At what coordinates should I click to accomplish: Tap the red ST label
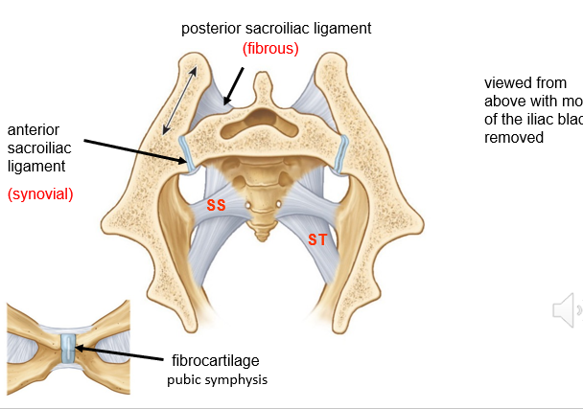pyautogui.click(x=317, y=239)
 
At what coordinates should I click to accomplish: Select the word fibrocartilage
pyautogui.click(x=216, y=360)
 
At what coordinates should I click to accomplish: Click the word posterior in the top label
pyautogui.click(x=213, y=29)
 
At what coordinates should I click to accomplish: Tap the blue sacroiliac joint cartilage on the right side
pyautogui.click(x=342, y=153)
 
